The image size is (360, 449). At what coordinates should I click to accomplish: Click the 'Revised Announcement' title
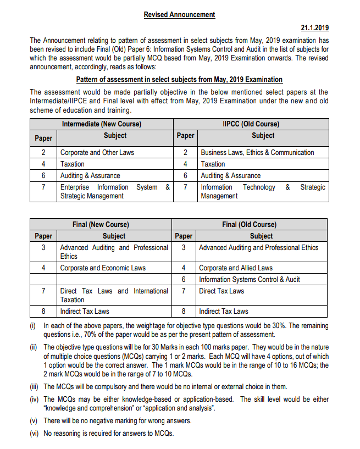pyautogui.click(x=179, y=15)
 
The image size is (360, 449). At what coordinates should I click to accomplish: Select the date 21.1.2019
pyautogui.click(x=314, y=27)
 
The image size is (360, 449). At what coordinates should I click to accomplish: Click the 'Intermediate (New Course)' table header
pyautogui.click(x=102, y=124)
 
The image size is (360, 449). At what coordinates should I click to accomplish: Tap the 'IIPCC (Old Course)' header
pyautogui.click(x=251, y=124)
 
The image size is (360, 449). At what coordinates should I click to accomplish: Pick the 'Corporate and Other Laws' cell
pyautogui.click(x=97, y=152)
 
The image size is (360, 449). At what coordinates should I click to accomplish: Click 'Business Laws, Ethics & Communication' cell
pyautogui.click(x=257, y=152)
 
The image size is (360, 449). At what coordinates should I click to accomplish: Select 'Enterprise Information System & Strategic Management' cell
pyautogui.click(x=115, y=191)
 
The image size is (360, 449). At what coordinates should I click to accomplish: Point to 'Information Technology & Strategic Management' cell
pyautogui.click(x=263, y=191)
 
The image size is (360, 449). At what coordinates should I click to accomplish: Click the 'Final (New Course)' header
pyautogui.click(x=101, y=224)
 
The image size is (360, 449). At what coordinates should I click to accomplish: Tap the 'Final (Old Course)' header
pyautogui.click(x=250, y=224)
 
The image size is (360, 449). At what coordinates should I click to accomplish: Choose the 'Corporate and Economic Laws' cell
pyautogui.click(x=103, y=268)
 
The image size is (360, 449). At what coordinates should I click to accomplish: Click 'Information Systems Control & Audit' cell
pyautogui.click(x=249, y=279)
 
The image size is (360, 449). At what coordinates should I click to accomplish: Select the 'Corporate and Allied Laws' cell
pyautogui.click(x=235, y=268)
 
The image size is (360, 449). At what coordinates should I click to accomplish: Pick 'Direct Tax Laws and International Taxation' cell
pyautogui.click(x=114, y=295)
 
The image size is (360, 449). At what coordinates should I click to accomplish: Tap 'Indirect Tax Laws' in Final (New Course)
pyautogui.click(x=85, y=311)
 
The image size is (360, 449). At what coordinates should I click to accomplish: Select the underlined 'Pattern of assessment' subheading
pyautogui.click(x=179, y=80)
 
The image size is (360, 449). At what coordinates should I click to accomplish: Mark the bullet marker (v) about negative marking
pyautogui.click(x=34, y=421)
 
